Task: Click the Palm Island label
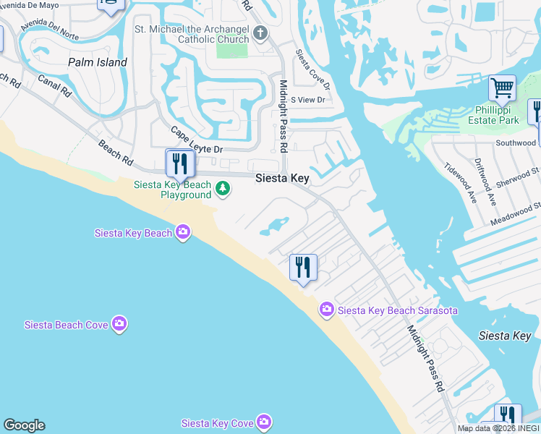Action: click(x=98, y=62)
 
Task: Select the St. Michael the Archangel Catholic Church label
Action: click(x=192, y=34)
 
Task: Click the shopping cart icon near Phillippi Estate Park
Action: click(x=501, y=88)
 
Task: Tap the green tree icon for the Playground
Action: click(x=223, y=190)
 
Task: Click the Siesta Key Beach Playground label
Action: click(x=173, y=190)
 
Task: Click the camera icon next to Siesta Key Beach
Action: click(x=183, y=232)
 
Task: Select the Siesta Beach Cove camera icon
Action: click(x=119, y=324)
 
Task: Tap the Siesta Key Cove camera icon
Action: click(x=264, y=422)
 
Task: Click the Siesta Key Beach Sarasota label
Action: click(x=398, y=310)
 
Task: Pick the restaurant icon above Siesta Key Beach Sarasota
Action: click(x=303, y=267)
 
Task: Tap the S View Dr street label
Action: click(x=308, y=99)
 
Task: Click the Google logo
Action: click(x=24, y=425)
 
